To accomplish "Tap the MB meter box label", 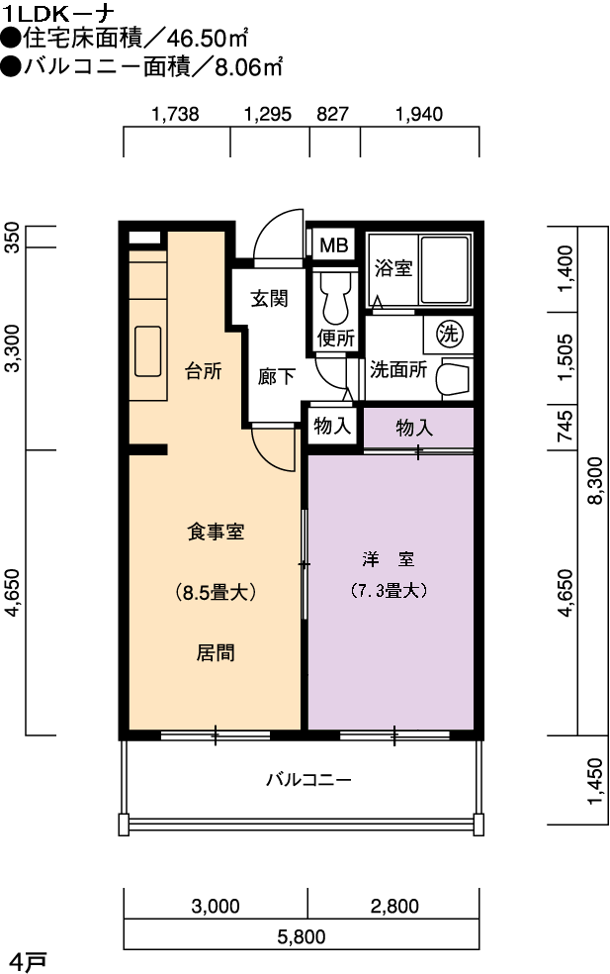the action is click(334, 244).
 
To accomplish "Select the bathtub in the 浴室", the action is click(445, 269).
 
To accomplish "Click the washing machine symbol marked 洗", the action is click(448, 334).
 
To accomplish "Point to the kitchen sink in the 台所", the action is click(147, 351).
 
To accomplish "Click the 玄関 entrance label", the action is click(269, 298).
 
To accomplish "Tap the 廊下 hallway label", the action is click(276, 376).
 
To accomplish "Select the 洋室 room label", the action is click(389, 559).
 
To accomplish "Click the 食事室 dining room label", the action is click(216, 532).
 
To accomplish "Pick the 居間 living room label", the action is click(216, 653).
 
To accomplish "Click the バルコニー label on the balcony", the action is click(309, 779).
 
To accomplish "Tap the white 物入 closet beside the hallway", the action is click(332, 426).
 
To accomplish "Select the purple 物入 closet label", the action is click(414, 428).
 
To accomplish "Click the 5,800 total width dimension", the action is click(302, 936).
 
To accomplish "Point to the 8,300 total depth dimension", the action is click(594, 480).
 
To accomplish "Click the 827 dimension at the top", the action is click(332, 114).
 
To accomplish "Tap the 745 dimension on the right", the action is click(565, 426).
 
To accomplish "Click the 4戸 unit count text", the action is click(29, 962).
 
